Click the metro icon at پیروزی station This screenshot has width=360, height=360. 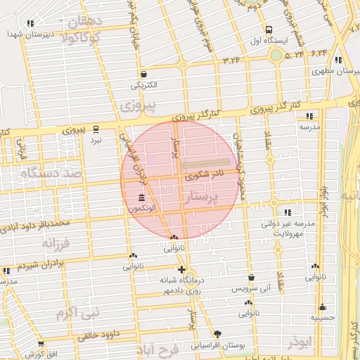point(96,129)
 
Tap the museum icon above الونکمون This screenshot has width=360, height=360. point(142,197)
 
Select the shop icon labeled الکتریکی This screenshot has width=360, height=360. point(143,74)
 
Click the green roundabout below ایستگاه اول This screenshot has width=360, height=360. point(276,55)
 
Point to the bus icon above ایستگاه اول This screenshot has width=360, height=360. point(269,30)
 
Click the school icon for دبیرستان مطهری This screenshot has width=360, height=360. point(339,60)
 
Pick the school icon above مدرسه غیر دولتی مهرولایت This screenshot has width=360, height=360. point(287,212)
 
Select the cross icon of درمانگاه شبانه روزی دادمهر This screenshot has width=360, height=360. point(181,270)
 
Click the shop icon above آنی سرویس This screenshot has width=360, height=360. point(250,278)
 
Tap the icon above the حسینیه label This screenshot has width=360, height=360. point(322,307)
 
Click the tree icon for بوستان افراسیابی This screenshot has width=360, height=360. point(217,333)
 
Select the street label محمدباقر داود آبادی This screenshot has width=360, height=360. point(35,226)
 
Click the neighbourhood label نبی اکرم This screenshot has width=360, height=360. point(78,311)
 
